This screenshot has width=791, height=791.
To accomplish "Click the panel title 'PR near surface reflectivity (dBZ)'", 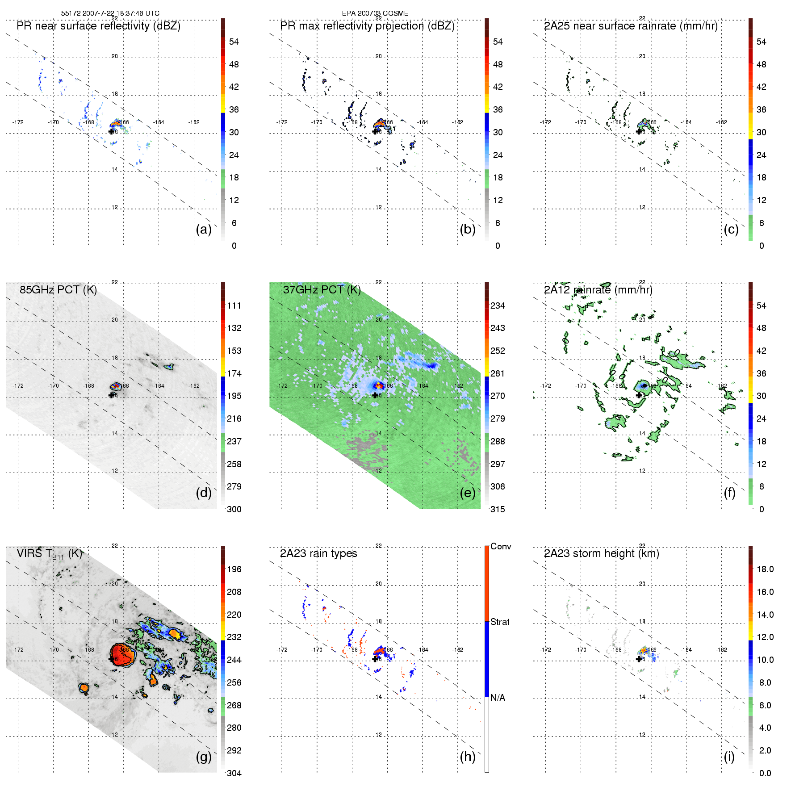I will (98, 26).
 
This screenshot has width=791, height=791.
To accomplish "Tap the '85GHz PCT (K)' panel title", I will (58, 290).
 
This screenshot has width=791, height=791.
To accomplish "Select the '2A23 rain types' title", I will (318, 553).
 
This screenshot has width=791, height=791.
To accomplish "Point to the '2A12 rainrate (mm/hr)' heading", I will (598, 290).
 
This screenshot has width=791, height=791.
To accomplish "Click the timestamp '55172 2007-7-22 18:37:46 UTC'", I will (110, 13).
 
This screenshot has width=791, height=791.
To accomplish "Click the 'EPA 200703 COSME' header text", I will (375, 13).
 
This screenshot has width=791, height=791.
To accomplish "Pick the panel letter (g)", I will (204, 757).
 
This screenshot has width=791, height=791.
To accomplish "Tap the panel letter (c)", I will (731, 229).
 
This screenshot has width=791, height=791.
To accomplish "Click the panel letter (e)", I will (468, 493).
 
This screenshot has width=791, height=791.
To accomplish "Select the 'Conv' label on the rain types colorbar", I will (501, 546).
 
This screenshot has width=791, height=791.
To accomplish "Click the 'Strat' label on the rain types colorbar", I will (500, 622).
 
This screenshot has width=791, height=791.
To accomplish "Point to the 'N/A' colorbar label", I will (498, 698).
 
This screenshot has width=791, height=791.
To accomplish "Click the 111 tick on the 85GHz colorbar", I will (234, 306).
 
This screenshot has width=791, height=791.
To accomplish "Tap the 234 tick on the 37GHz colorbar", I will (498, 306).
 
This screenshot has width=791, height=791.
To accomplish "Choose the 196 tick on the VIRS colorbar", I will (234, 569).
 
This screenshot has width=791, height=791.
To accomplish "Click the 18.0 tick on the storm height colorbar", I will (765, 569).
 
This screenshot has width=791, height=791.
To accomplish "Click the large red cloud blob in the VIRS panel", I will (121, 655).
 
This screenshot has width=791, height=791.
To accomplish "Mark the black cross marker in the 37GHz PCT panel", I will (375, 395).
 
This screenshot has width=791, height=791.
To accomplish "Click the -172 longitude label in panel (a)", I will (18, 122).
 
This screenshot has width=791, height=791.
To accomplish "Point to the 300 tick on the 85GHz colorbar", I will (234, 509).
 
